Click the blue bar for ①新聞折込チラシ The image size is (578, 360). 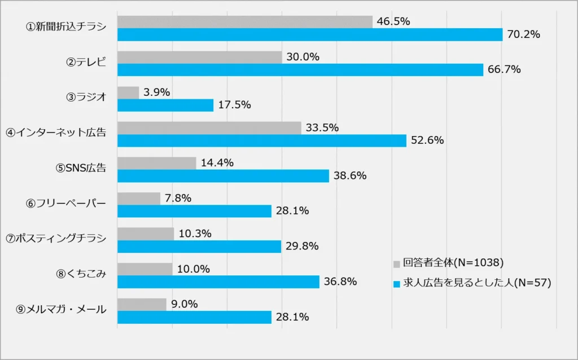pos(310,35)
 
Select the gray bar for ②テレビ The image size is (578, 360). pos(199,57)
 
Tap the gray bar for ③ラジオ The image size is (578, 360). pos(128,93)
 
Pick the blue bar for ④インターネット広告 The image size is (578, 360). pos(262,141)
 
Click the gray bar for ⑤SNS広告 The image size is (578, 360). pos(157,163)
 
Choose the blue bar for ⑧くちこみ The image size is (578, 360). pos(218,282)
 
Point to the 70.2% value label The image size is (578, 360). pos(524,35)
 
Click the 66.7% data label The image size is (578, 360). pos(504,70)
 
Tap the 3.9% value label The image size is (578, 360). pos(156,93)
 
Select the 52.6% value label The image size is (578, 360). pos(427,141)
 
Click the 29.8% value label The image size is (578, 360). pos(302,246)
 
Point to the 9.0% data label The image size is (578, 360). pos(184,304)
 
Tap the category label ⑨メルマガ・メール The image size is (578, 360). pos(62,309)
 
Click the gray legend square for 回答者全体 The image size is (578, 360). pos(396,264)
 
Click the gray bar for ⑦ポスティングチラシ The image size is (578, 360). pos(146,234)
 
